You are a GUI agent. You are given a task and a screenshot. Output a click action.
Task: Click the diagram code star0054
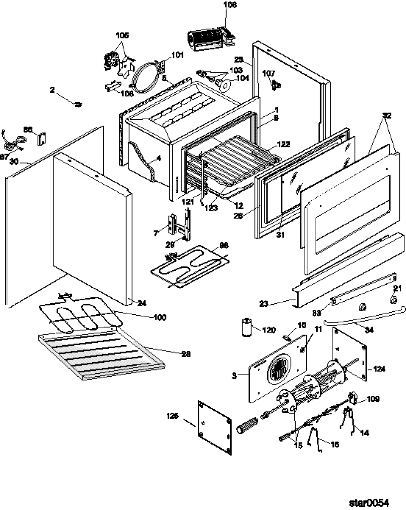[369, 503]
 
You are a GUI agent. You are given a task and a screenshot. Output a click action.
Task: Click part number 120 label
[269, 330]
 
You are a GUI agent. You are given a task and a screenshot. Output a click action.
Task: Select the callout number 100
[159, 317]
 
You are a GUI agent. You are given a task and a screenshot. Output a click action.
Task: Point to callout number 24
[142, 304]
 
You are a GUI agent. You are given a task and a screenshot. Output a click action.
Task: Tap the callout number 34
[368, 330]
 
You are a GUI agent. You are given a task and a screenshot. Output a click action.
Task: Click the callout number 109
[373, 399]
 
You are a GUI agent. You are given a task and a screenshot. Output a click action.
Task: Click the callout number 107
[269, 73]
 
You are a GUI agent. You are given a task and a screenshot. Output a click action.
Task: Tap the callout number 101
[178, 55]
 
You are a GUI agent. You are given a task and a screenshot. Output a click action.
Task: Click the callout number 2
[52, 90]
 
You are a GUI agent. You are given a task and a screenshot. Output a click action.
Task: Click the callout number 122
[284, 144]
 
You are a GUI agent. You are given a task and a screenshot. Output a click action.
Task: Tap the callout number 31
[281, 235]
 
